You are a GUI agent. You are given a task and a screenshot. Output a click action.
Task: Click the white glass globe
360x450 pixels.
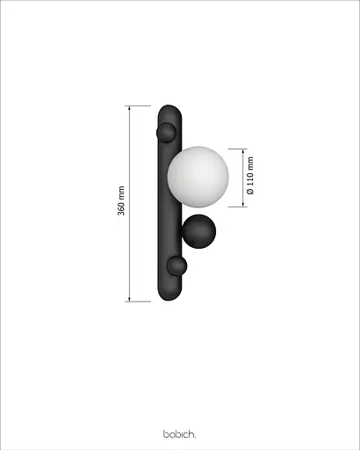(198, 175)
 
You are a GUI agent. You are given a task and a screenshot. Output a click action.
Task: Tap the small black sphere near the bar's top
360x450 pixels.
(166, 133)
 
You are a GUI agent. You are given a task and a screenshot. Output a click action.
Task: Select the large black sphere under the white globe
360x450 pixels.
(198, 232)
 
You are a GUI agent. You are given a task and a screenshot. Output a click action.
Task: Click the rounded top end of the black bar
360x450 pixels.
(169, 112)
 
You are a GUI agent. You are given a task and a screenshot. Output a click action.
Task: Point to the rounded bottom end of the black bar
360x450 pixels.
(169, 295)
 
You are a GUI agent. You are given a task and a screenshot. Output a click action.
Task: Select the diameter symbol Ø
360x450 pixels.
(250, 191)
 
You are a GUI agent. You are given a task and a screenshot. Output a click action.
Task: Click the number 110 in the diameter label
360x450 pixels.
(250, 178)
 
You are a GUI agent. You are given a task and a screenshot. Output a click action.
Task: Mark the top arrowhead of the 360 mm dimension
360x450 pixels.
(131, 110)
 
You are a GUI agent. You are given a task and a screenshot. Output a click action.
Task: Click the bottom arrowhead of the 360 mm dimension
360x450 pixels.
(131, 299)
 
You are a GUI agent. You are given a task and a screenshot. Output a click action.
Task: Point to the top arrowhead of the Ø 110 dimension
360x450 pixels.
(241, 151)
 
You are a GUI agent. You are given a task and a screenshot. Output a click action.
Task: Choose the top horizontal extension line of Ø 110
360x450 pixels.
(235, 149)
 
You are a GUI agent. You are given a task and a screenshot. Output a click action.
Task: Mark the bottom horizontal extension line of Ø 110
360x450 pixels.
(235, 207)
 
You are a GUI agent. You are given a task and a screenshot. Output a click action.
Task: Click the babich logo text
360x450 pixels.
(179, 433)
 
